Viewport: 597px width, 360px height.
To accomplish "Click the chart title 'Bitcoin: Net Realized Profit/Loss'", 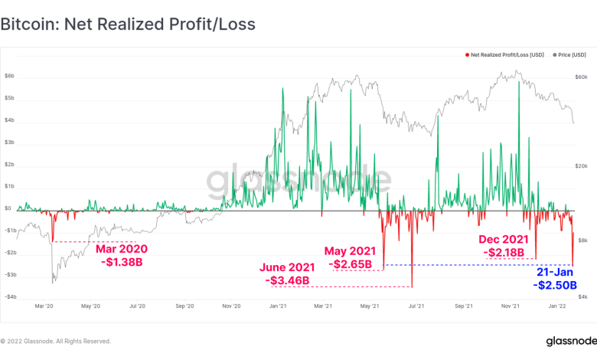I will click(x=128, y=25).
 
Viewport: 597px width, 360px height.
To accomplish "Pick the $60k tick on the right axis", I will click(x=581, y=77).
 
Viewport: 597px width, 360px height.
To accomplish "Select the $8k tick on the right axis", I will click(x=582, y=240).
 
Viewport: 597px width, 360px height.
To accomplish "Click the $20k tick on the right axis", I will click(x=581, y=165).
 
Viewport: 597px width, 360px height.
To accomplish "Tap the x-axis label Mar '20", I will click(x=44, y=306).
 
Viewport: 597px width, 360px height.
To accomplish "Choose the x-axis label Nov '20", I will click(x=231, y=306).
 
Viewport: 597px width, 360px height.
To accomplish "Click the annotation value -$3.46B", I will click(x=289, y=280).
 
